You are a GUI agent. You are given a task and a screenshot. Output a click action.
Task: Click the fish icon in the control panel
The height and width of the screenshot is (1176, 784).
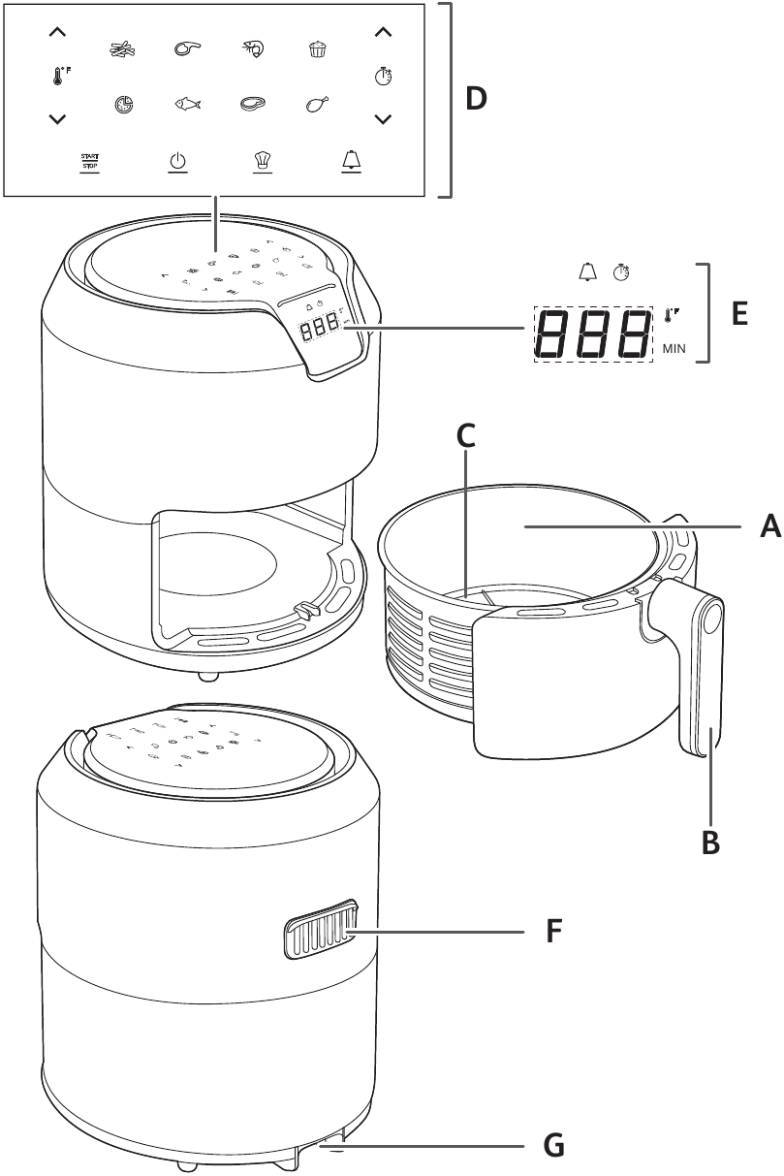[x=188, y=105]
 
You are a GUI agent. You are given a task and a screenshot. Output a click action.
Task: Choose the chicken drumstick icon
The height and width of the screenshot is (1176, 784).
[x=317, y=105]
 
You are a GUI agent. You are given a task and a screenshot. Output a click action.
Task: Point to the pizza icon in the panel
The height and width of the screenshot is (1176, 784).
[x=122, y=105]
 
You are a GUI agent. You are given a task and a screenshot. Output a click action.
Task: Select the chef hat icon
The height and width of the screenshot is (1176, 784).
[x=260, y=162]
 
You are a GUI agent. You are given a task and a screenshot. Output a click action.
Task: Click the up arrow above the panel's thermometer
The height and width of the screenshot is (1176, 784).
[x=57, y=33]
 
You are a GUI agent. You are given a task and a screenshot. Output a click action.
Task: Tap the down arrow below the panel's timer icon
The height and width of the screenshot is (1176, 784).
[x=384, y=119]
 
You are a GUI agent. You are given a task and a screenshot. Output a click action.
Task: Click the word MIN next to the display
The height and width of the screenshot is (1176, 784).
[x=675, y=349]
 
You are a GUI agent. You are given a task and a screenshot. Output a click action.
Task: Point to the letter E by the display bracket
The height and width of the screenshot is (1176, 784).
[x=740, y=315]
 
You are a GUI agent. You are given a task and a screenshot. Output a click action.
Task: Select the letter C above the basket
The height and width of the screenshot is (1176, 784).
[x=465, y=436]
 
